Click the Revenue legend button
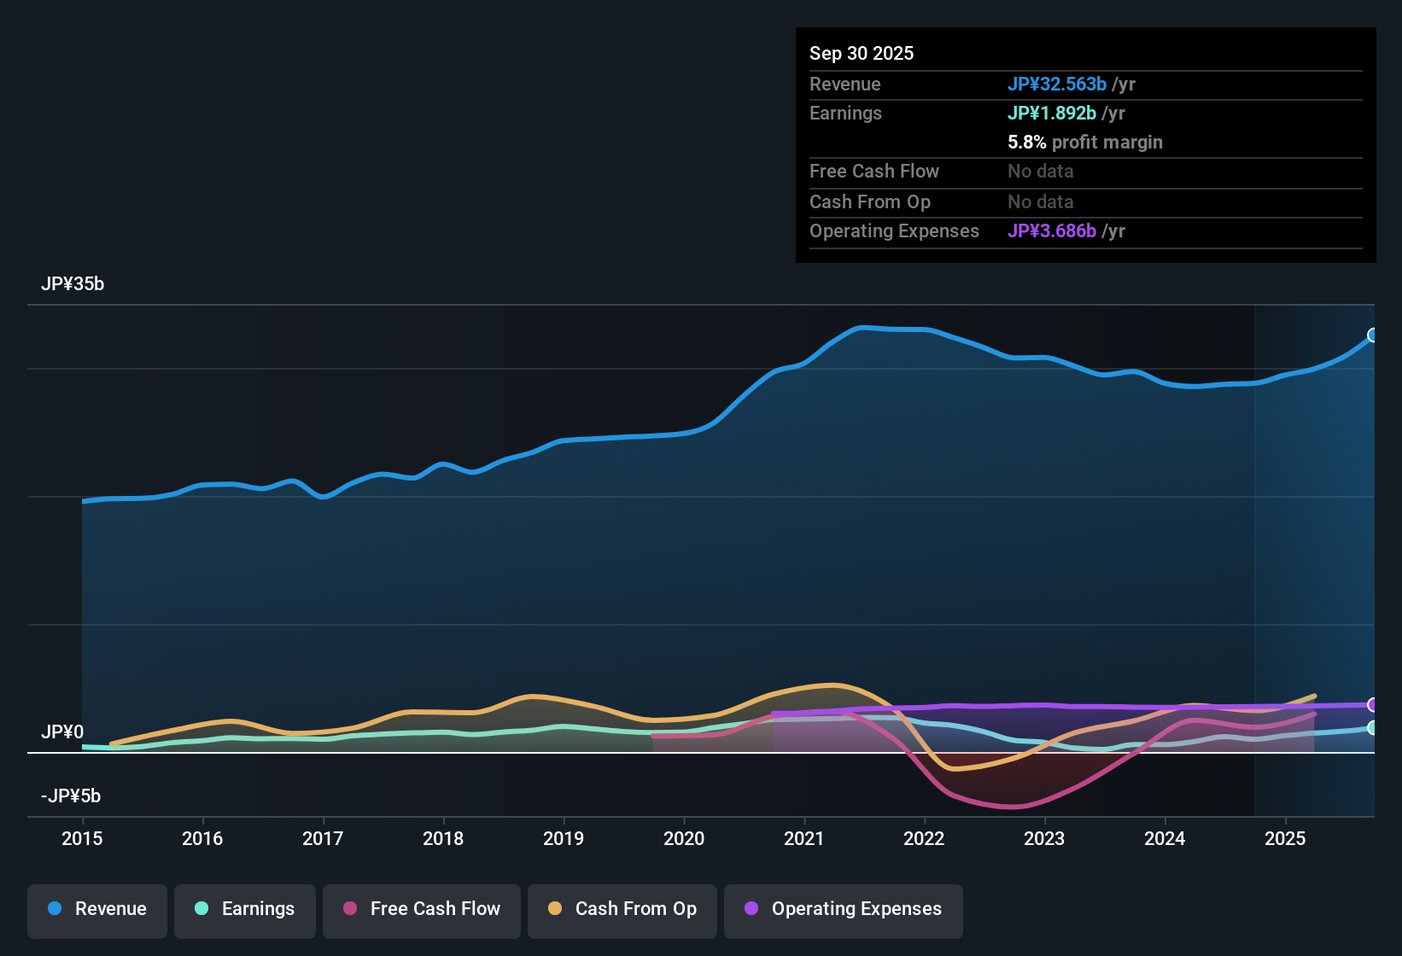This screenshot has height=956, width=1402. [97, 909]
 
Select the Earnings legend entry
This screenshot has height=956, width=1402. [245, 909]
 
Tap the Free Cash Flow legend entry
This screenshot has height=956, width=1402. [422, 909]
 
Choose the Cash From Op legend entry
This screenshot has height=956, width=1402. [622, 909]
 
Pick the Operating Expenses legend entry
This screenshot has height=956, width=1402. [844, 909]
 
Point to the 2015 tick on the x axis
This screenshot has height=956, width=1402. [82, 838]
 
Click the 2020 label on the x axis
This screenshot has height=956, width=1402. [684, 838]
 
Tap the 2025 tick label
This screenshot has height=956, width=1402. [1285, 838]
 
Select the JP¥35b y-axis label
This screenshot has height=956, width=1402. [73, 284]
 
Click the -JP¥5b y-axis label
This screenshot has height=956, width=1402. [71, 796]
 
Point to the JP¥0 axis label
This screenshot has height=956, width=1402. [62, 732]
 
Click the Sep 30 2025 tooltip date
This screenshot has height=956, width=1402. [862, 54]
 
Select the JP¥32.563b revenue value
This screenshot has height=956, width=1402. [1057, 85]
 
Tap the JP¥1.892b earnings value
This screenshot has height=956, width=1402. [1052, 114]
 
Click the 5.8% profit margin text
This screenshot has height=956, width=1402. [1085, 143]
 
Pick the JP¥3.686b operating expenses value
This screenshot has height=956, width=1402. [1052, 231]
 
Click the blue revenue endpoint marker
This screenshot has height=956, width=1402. [1372, 335]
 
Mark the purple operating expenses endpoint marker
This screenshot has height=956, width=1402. [1372, 705]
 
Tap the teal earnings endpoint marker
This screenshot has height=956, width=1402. [1372, 728]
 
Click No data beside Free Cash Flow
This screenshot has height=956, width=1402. [1041, 172]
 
